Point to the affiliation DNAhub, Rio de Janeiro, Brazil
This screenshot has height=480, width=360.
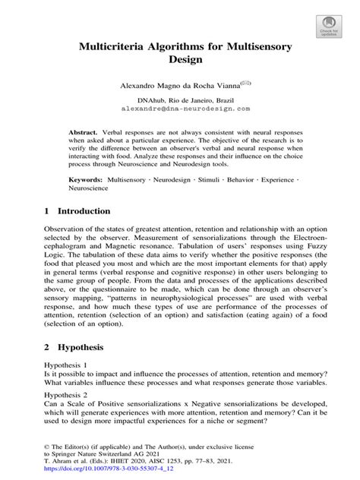pyautogui.click(x=179, y=99)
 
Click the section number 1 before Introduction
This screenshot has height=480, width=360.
pyautogui.click(x=47, y=211)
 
